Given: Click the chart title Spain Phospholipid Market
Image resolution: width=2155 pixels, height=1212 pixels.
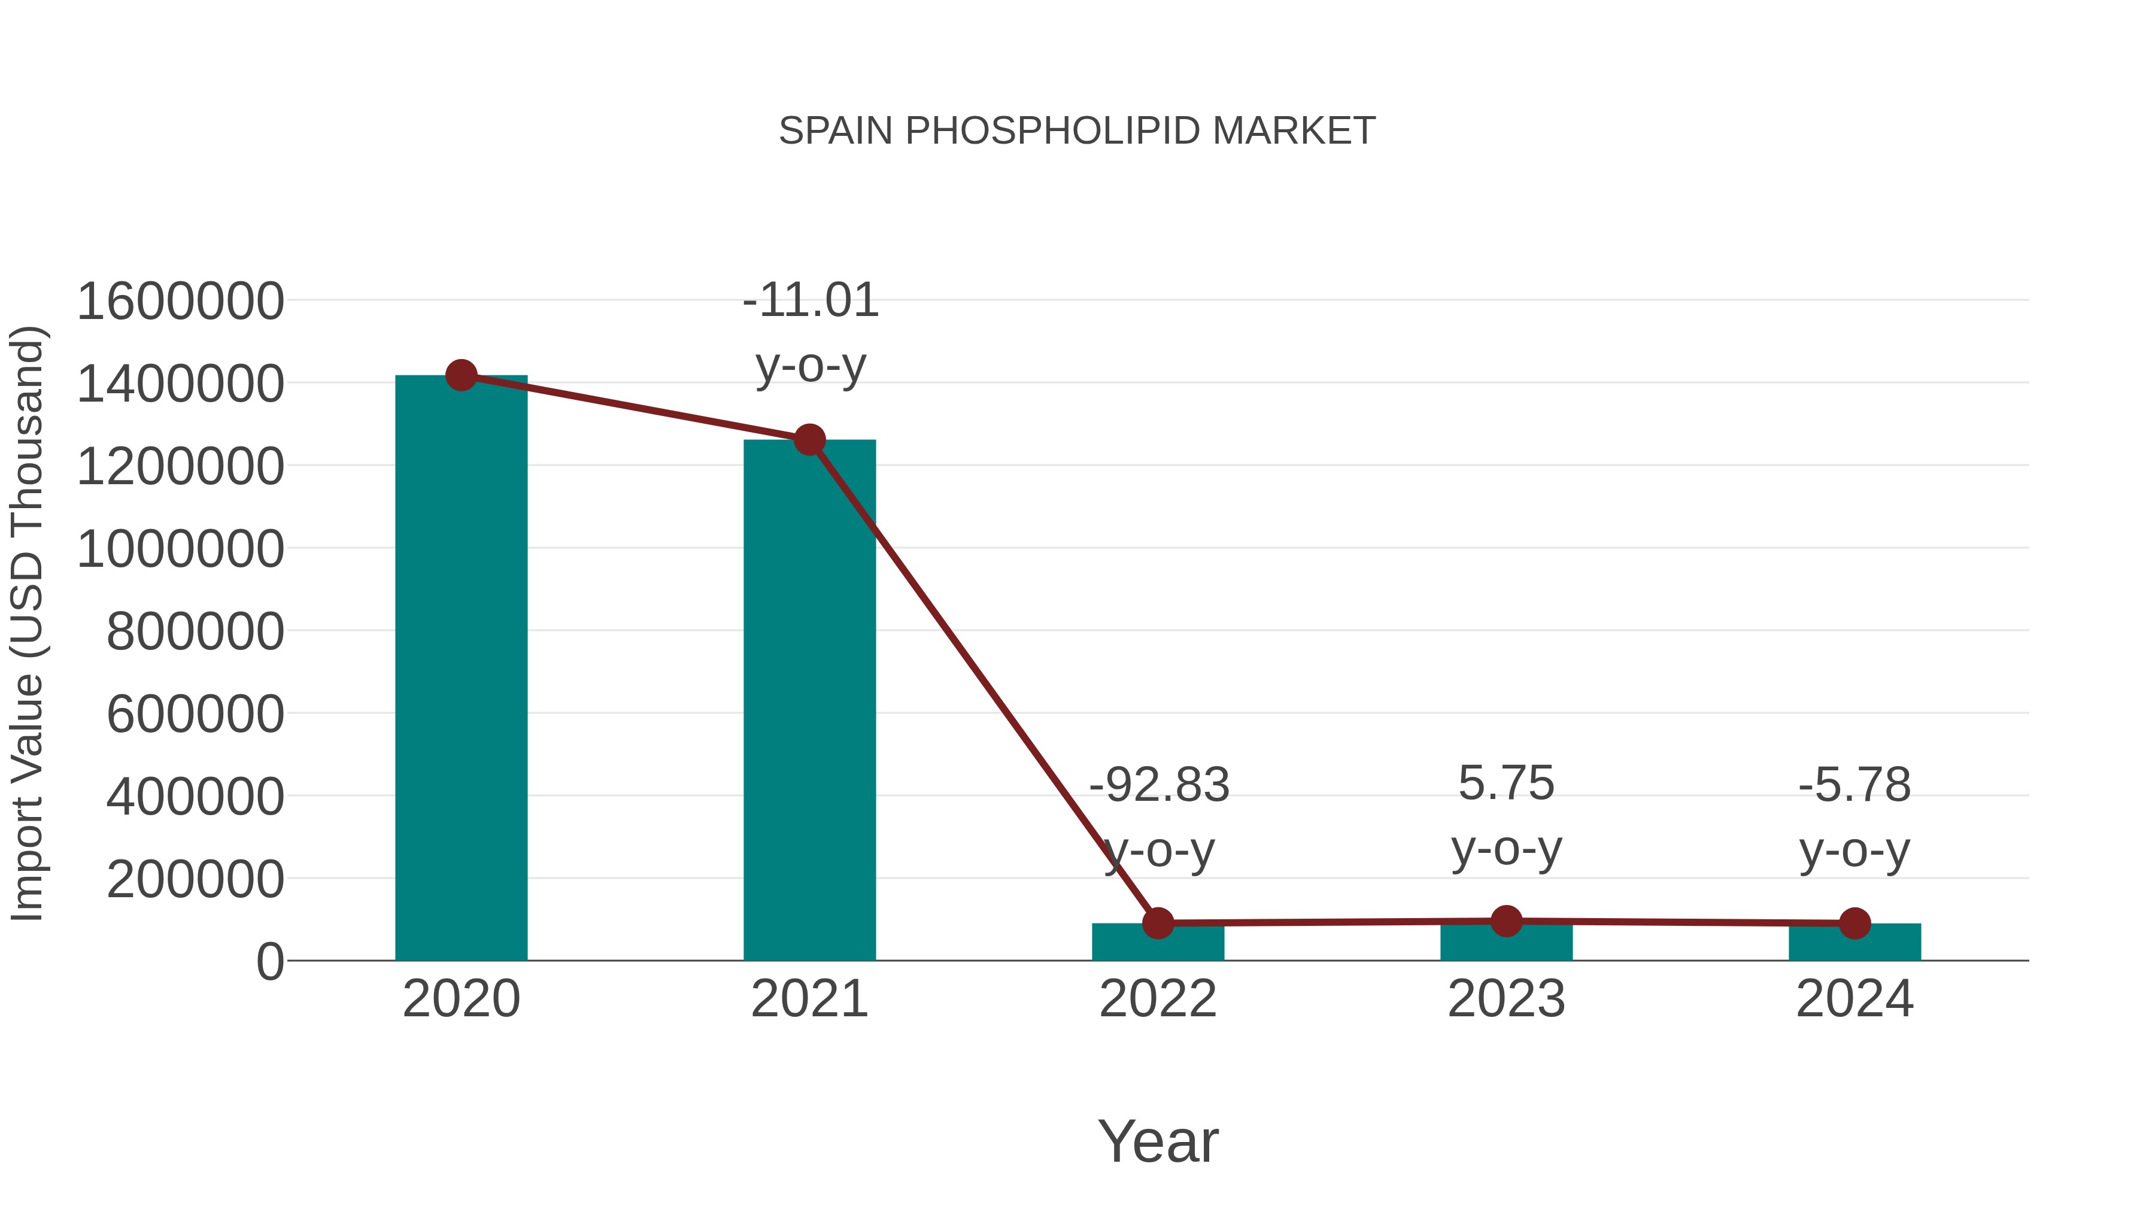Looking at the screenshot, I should click(x=1077, y=131).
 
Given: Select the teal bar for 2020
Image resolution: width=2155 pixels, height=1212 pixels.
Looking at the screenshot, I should click(x=461, y=669).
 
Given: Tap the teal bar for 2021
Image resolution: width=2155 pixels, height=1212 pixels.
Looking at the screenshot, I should click(x=809, y=703).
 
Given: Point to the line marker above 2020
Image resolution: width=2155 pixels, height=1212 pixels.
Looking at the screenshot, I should click(x=461, y=375).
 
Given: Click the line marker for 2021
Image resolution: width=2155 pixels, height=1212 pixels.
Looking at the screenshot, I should click(x=809, y=440).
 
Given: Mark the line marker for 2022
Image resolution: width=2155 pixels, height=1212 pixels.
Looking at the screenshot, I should click(x=1158, y=924).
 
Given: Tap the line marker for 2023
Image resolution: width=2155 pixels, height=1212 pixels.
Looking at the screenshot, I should click(x=1506, y=921).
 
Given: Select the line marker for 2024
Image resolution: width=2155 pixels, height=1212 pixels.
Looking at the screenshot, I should click(x=1854, y=924).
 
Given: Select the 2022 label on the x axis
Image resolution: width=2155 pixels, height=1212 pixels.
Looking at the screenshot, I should click(x=1158, y=1000).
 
